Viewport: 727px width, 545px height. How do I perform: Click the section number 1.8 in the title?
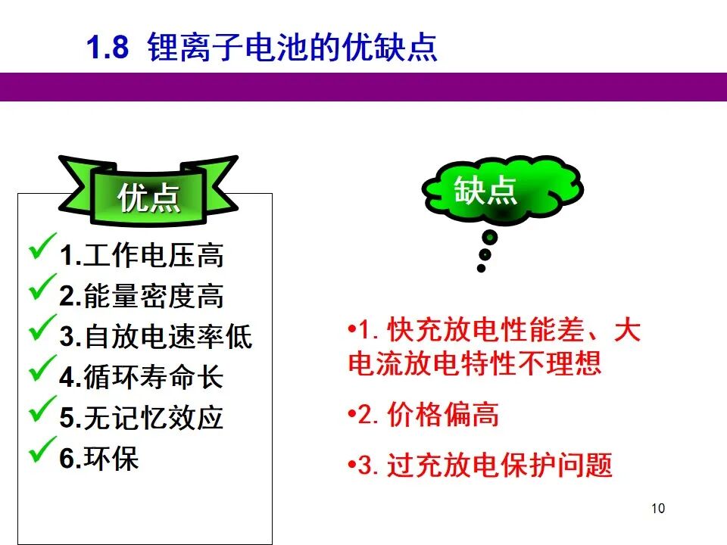108,47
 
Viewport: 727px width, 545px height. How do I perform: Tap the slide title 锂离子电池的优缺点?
292,47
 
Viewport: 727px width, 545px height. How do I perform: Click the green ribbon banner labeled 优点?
148,191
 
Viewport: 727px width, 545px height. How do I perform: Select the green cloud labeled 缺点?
503,189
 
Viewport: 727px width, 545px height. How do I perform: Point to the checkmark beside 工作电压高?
42,246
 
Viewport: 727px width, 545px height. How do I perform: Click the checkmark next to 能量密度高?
42,287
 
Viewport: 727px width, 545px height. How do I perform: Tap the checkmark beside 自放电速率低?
42,328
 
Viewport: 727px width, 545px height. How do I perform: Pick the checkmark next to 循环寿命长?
42,369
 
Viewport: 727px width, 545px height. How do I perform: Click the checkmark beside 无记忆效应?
42,409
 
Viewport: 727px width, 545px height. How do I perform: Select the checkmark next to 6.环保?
42,450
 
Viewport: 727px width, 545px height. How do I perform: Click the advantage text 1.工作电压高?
142,255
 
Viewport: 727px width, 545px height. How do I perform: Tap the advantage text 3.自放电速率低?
156,336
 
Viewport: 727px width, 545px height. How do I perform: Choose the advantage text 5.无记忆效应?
142,418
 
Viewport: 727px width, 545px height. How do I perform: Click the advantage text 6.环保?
99,459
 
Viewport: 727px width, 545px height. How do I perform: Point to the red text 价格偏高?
443,414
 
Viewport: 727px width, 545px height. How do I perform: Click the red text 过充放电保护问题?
499,465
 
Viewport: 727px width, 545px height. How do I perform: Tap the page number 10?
658,509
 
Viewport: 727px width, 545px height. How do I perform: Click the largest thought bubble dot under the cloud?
490,238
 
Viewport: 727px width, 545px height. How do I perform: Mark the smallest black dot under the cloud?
482,268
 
